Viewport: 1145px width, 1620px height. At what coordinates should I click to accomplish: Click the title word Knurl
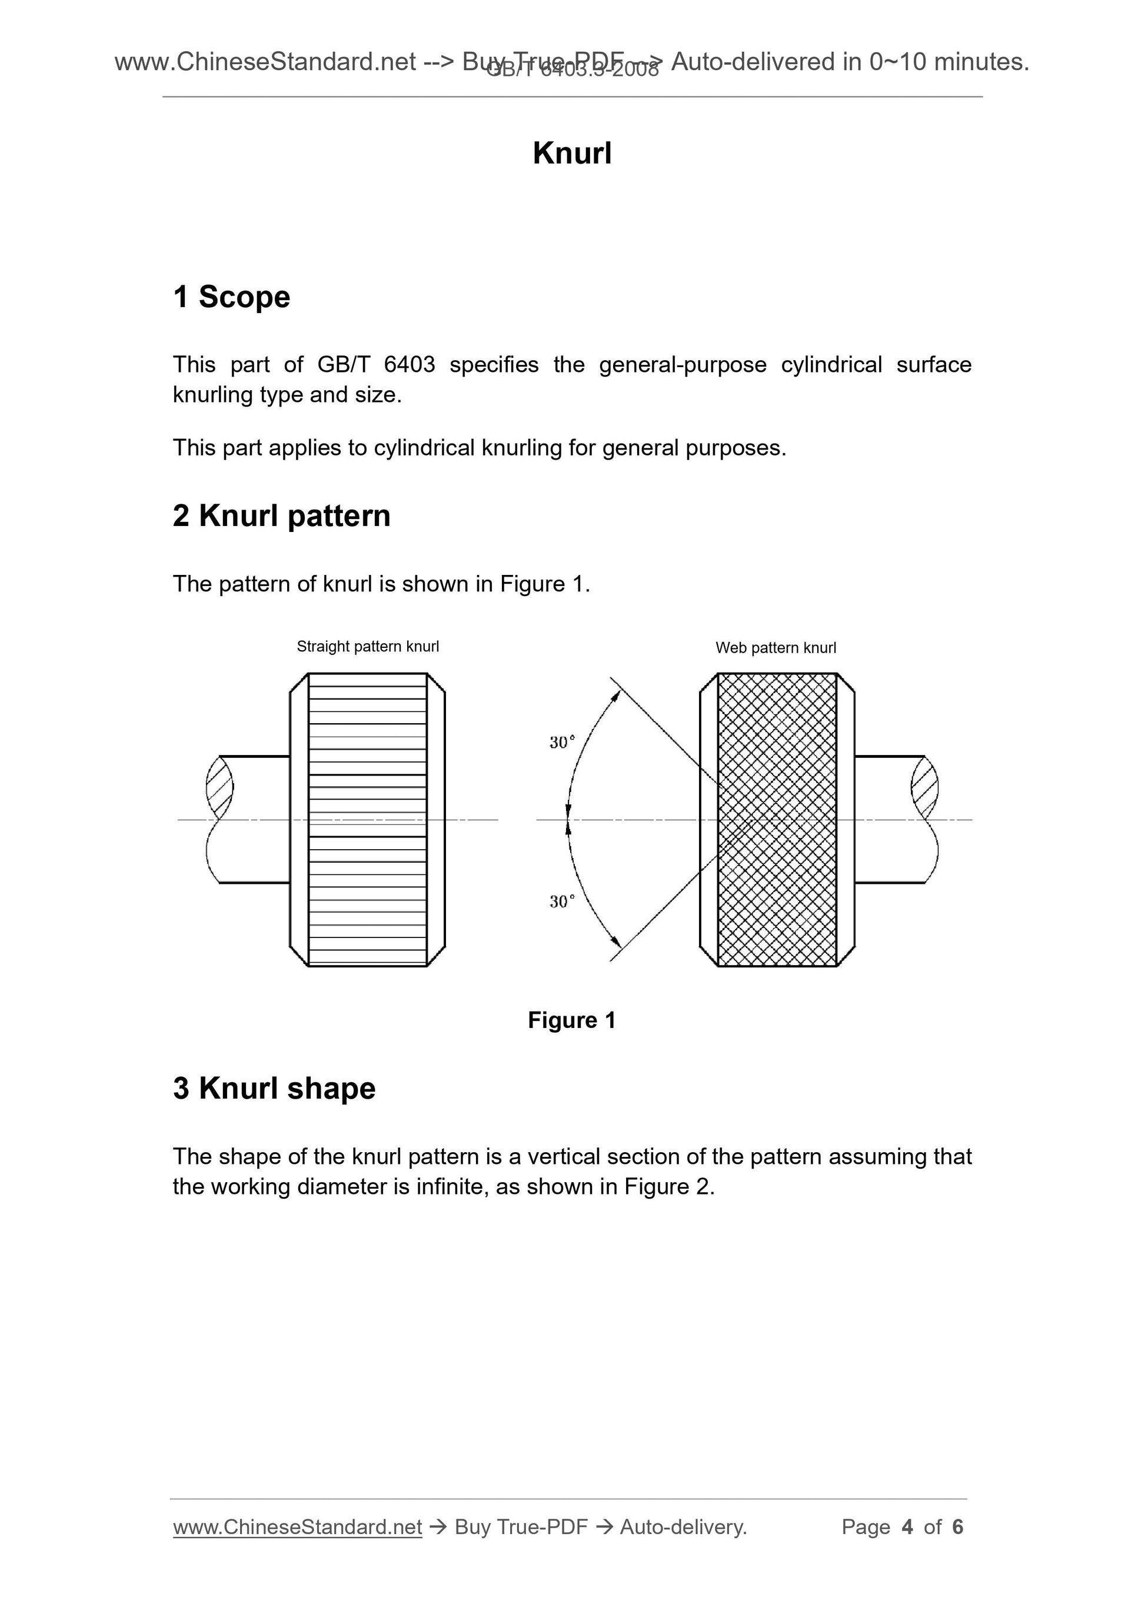click(571, 153)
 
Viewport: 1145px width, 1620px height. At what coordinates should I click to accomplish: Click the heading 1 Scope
click(231, 297)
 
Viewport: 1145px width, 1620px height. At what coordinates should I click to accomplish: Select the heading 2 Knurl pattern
click(281, 515)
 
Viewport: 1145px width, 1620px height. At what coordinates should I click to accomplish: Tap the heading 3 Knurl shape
click(274, 1088)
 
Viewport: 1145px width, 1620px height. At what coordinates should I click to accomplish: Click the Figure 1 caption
click(571, 1020)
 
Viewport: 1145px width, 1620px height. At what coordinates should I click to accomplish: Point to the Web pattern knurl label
click(775, 648)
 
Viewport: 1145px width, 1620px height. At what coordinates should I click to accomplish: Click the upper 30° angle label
click(561, 742)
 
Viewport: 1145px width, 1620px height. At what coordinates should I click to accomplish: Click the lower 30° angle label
click(561, 902)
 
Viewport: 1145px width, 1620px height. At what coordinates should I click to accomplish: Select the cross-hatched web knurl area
click(777, 819)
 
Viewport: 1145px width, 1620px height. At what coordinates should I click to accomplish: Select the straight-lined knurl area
click(368, 819)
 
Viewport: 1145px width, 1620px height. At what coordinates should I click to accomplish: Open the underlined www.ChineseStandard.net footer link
click(297, 1527)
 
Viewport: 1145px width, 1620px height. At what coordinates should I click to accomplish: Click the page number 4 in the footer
click(907, 1527)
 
